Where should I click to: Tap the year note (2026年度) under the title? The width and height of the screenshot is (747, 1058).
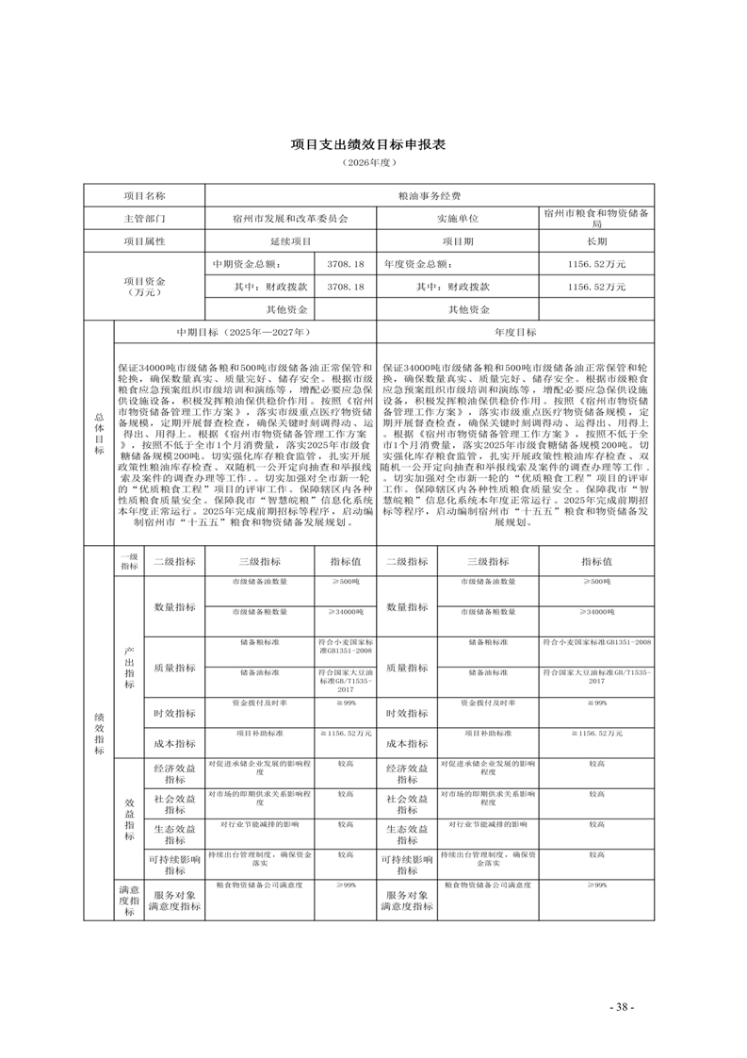tap(373, 164)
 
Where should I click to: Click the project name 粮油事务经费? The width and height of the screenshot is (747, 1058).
tap(430, 196)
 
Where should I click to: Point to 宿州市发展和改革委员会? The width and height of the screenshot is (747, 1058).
tap(290, 219)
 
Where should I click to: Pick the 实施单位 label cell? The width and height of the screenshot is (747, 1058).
tap(458, 219)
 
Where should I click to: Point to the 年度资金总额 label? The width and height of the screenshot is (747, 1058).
tap(417, 264)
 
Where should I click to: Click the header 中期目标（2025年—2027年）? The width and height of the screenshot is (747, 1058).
tap(244, 332)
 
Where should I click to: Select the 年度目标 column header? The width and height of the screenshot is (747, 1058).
tap(515, 332)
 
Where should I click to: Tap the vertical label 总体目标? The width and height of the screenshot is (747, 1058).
tap(98, 433)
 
